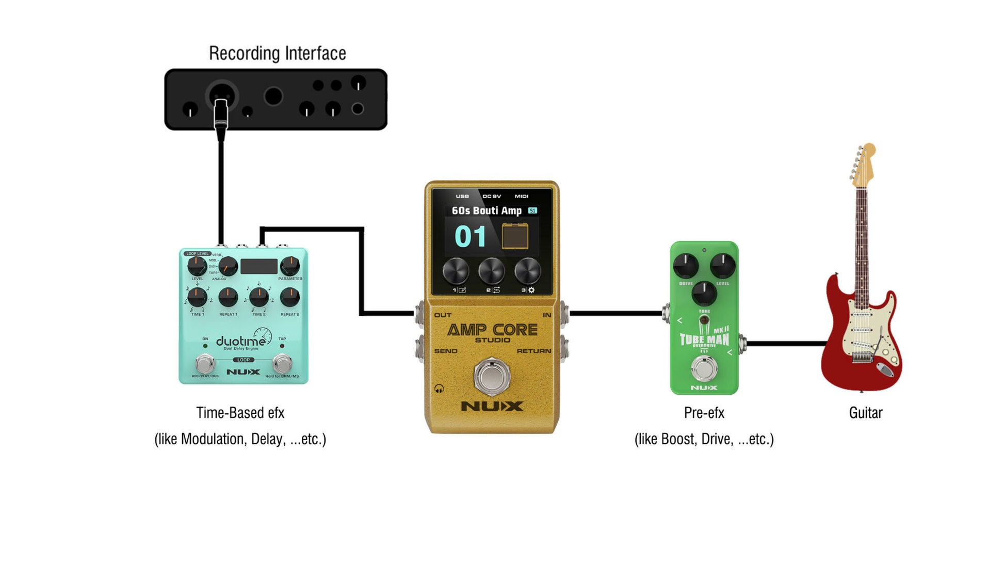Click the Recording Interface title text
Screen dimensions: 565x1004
click(x=277, y=54)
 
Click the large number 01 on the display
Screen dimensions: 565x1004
click(x=470, y=237)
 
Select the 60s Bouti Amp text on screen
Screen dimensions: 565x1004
click(x=487, y=211)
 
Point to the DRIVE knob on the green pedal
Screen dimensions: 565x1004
click(x=686, y=266)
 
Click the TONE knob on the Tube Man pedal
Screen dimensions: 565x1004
click(x=704, y=293)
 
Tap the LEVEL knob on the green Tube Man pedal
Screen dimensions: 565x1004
click(x=722, y=266)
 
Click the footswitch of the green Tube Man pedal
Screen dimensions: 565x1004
click(x=704, y=368)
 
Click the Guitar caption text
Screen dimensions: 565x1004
click(x=865, y=413)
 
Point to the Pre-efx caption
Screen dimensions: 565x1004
click(x=704, y=413)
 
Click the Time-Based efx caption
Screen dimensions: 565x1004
click(x=240, y=413)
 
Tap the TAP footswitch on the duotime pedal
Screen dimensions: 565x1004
click(x=282, y=363)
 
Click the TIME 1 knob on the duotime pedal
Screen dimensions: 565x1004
click(x=197, y=297)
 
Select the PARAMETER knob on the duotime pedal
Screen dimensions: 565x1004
click(x=289, y=266)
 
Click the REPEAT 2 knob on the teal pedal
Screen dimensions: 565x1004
click(x=289, y=297)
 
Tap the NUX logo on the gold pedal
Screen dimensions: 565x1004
click(x=492, y=406)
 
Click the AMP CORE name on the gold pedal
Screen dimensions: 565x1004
click(x=492, y=330)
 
